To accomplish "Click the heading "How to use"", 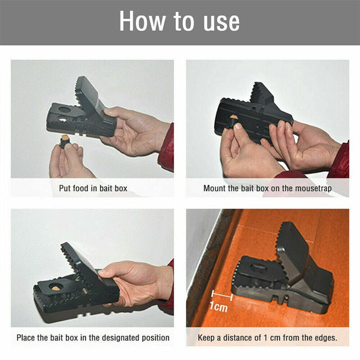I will pyautogui.click(x=179, y=21).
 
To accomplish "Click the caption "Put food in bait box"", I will pyautogui.click(x=93, y=188).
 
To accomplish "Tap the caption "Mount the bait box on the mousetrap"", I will pyautogui.click(x=267, y=188).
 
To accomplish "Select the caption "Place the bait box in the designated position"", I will pyautogui.click(x=93, y=337).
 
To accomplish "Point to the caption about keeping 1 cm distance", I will pyautogui.click(x=267, y=337).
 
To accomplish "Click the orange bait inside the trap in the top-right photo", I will pyautogui.click(x=233, y=118).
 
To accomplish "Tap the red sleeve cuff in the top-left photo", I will pyautogui.click(x=167, y=148).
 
